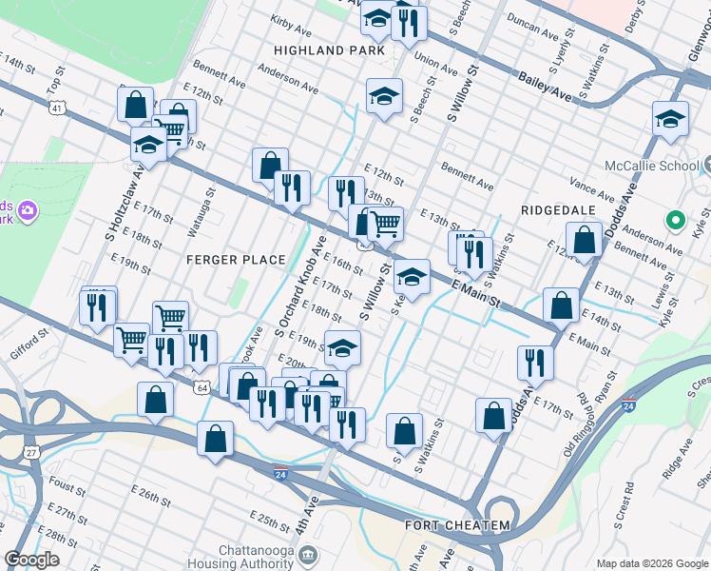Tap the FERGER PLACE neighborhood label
click(x=236, y=260)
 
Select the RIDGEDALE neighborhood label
click(x=557, y=209)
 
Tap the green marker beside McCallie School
click(x=676, y=221)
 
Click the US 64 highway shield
click(x=202, y=387)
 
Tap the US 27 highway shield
click(x=31, y=452)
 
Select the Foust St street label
click(x=67, y=487)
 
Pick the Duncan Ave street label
click(x=532, y=26)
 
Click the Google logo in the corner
click(x=31, y=560)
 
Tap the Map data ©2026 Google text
click(x=651, y=563)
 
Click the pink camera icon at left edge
click(x=28, y=208)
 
